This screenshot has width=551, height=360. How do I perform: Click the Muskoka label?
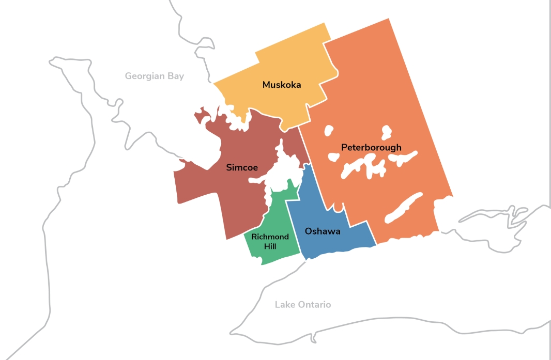tap(282, 85)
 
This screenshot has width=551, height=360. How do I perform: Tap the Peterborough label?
tap(371, 148)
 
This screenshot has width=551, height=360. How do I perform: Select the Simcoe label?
tap(242, 167)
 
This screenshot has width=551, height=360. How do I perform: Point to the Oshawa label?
tap(323, 231)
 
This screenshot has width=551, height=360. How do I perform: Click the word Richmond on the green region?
tap(270, 237)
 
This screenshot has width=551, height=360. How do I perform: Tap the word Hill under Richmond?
tap(270, 246)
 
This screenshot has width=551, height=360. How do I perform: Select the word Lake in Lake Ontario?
tap(284, 305)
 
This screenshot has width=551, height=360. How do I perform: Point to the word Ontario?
tap(314, 305)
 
